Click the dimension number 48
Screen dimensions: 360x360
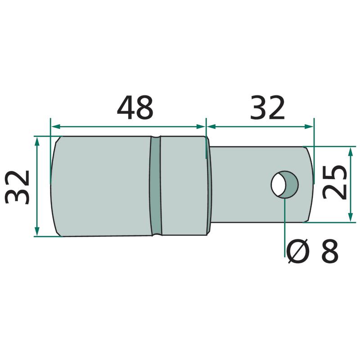pyautogui.click(x=135, y=108)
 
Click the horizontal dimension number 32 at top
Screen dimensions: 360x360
pyautogui.click(x=267, y=108)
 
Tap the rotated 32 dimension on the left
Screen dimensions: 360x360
pyautogui.click(x=17, y=187)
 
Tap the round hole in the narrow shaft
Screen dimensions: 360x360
pyautogui.click(x=284, y=184)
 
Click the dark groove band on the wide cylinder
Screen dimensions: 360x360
pyautogui.click(x=156, y=186)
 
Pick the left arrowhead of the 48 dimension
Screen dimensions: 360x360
pyautogui.click(x=55, y=126)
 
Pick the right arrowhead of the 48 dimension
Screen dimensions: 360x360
pyautogui.click(x=200, y=126)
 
